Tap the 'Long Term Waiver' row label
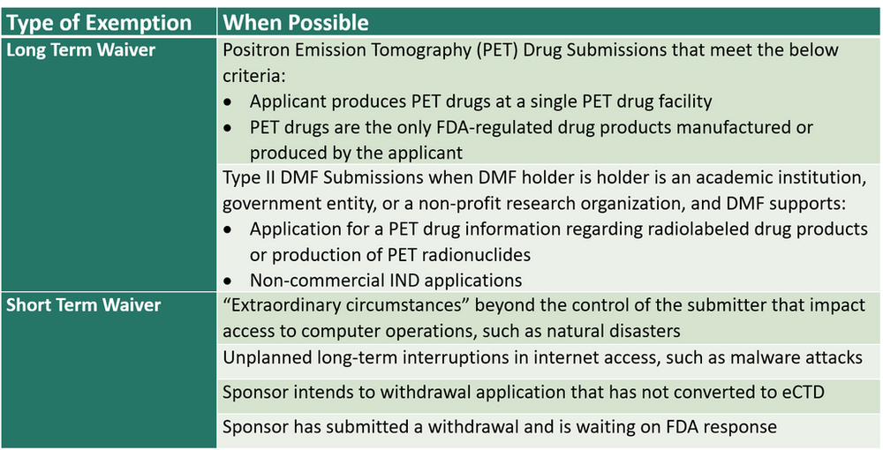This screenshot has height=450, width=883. pos(81,50)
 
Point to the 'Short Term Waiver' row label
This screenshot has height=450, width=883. pos(84,305)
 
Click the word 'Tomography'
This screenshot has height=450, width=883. pos(434,50)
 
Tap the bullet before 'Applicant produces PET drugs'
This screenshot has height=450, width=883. pos(229,102)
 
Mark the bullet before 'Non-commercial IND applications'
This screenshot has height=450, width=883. pos(229,281)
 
